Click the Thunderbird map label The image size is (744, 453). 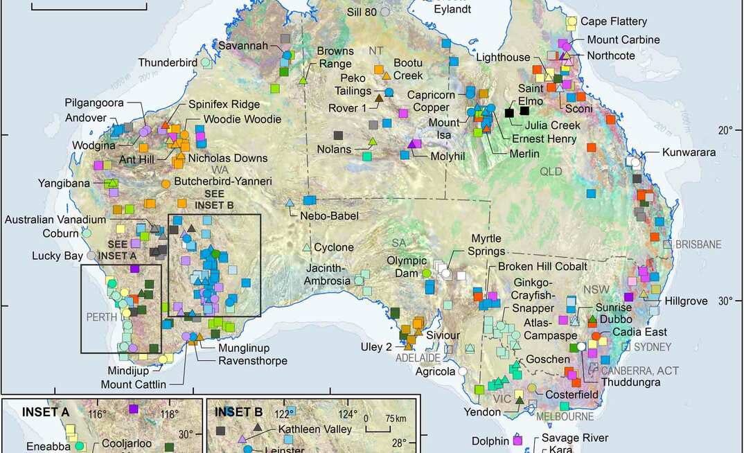pyautogui.click(x=168, y=62)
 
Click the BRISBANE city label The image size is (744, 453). pyautogui.click(x=698, y=245)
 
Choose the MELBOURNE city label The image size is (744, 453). pyautogui.click(x=565, y=416)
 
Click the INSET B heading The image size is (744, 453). pyautogui.click(x=238, y=412)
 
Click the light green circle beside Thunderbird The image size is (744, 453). pyautogui.click(x=206, y=62)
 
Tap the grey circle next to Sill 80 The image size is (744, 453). pyautogui.click(x=385, y=11)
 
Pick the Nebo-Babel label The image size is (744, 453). pyautogui.click(x=329, y=216)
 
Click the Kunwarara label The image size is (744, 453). pyautogui.click(x=689, y=152)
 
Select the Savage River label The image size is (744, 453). pyautogui.click(x=575, y=438)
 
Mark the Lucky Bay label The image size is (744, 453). pyautogui.click(x=57, y=256)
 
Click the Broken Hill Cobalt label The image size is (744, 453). pyautogui.click(x=542, y=267)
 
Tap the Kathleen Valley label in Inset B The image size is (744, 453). pyautogui.click(x=315, y=429)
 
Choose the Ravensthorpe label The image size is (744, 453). pyautogui.click(x=253, y=361)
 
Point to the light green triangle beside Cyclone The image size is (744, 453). pyautogui.click(x=307, y=247)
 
